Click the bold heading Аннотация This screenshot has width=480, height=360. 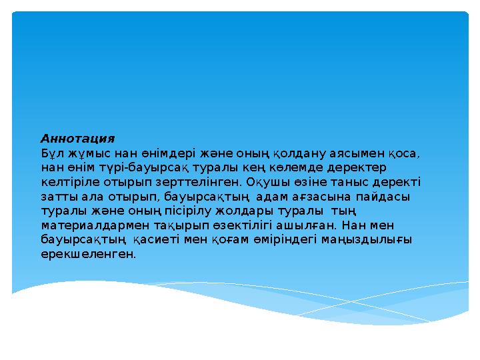point(78,139)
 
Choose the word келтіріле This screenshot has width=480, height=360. point(71,182)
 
